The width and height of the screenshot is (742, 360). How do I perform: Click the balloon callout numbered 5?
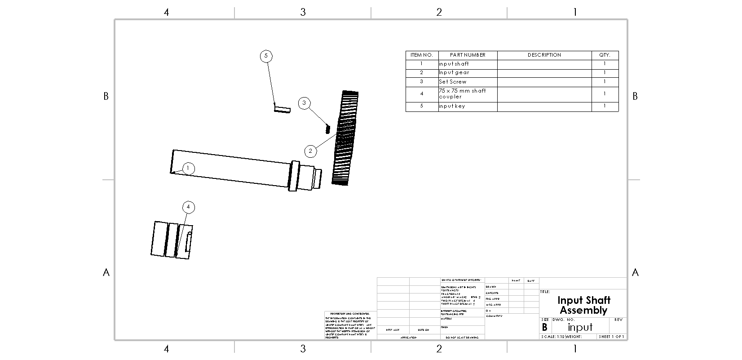(266, 56)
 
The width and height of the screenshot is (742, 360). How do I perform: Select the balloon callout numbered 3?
(304, 103)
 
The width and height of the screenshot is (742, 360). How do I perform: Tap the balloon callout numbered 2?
(310, 151)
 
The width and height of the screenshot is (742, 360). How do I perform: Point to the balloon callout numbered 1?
(188, 169)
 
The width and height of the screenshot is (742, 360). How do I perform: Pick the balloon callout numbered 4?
(189, 207)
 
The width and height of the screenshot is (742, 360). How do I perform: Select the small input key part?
(283, 109)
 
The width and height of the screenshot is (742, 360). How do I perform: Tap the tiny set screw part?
(327, 129)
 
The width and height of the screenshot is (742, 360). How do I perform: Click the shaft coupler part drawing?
(172, 240)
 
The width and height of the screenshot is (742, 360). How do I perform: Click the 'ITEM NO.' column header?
(421, 55)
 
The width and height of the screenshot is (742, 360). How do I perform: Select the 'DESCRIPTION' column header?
(544, 55)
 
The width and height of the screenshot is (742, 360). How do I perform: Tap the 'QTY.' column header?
(605, 55)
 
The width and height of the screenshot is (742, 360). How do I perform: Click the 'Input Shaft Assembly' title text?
(583, 305)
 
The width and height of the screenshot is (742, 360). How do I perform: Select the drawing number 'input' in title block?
(580, 327)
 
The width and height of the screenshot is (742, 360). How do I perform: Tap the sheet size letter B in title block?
(544, 328)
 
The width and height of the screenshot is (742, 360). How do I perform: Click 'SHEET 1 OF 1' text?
(611, 337)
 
